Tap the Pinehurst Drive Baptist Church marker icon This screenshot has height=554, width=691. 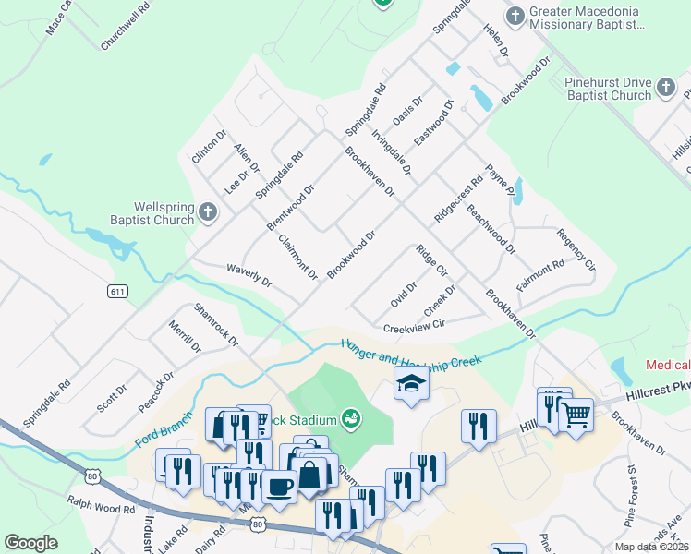click(667, 89)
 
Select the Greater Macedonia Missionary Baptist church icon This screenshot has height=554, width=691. click(515, 15)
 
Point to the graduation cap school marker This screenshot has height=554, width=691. click(412, 385)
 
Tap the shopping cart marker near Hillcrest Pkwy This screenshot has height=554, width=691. click(576, 416)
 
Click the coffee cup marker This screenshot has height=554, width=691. click(279, 486)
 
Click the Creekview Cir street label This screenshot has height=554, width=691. click(414, 326)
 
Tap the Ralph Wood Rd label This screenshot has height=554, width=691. click(101, 508)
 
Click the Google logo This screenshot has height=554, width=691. click(31, 543)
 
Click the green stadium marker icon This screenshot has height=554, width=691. click(350, 419)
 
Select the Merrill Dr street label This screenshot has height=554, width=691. click(185, 336)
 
